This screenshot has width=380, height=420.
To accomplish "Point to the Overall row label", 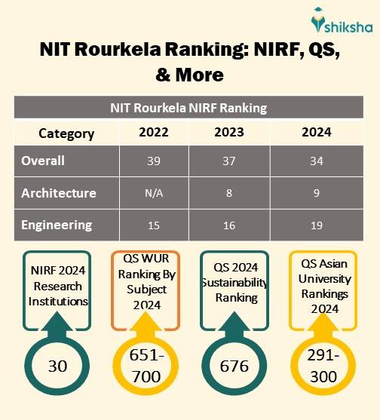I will [x=43, y=161].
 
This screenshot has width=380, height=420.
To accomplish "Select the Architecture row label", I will [x=59, y=192].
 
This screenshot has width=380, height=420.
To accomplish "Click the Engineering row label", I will [x=57, y=225].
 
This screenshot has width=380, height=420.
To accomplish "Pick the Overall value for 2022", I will [x=154, y=161].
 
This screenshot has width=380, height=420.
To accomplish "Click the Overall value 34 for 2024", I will [x=317, y=161].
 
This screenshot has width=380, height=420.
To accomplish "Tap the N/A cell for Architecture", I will [x=154, y=193].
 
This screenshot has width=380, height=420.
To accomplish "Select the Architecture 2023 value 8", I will [x=229, y=193].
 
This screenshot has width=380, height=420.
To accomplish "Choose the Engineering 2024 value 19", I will [x=317, y=225].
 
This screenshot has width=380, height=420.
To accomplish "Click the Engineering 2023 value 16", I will [x=229, y=225].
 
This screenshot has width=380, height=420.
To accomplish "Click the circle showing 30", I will [x=58, y=366].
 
